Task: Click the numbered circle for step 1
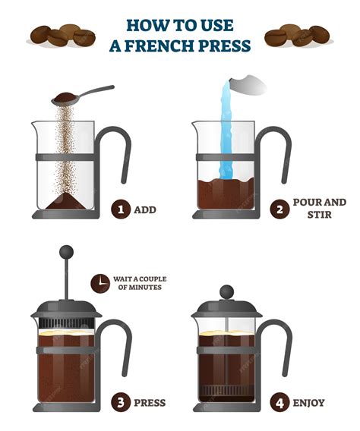(x=121, y=209)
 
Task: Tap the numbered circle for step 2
(x=282, y=209)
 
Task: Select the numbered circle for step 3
(x=121, y=402)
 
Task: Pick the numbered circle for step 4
(x=282, y=402)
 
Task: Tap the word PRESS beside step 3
(x=150, y=402)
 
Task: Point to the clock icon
(x=99, y=283)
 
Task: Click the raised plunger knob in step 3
(x=66, y=252)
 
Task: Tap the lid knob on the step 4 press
(x=226, y=291)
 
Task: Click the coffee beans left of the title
(x=62, y=36)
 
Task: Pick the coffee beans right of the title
(x=297, y=36)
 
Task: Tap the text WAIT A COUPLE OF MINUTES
(x=140, y=283)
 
